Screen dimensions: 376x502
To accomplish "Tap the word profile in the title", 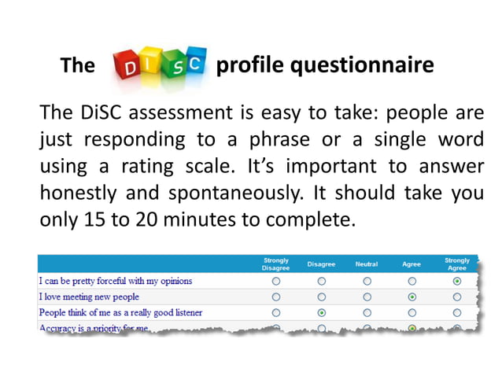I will [250, 65].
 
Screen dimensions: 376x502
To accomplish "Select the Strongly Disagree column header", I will [276, 264].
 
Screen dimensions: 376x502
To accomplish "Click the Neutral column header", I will [367, 264].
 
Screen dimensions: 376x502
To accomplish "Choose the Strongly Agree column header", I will [457, 264].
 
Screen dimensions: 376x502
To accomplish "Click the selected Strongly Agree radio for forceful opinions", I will [457, 281].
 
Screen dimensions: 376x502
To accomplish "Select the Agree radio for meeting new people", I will [412, 297].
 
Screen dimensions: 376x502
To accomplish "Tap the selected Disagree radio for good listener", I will [322, 313].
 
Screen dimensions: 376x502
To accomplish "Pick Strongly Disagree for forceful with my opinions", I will [276, 281].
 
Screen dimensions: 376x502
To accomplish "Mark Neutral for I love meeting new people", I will [367, 297].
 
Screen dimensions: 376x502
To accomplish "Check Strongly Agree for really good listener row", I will [457, 313].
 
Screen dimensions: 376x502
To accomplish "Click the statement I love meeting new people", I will [89, 297].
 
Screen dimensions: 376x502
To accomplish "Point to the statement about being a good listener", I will [120, 312].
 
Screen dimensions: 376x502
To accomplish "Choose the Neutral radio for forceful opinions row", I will [367, 281].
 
